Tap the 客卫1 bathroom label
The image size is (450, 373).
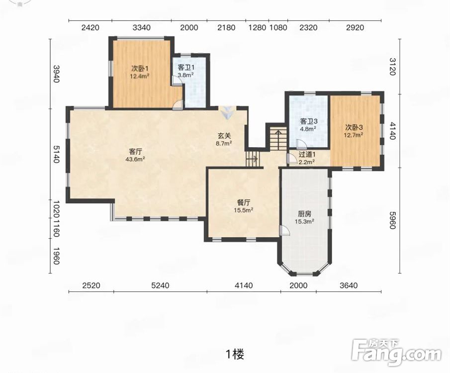(x=186, y=68)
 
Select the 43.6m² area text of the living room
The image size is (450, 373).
(x=135, y=159)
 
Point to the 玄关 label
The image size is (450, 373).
(x=224, y=136)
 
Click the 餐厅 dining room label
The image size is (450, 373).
(x=243, y=203)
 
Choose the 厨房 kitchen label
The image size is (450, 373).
(x=304, y=214)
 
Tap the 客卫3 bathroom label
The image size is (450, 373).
(x=308, y=121)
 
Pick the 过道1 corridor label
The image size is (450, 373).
(x=307, y=155)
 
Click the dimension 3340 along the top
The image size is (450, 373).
(x=142, y=27)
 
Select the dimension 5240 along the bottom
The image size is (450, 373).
(x=160, y=285)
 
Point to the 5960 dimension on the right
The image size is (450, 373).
(x=393, y=220)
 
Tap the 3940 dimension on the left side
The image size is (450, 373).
(x=57, y=74)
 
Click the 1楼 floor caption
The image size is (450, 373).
(x=235, y=354)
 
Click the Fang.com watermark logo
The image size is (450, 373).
(x=396, y=352)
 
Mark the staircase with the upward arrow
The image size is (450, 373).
(x=278, y=139)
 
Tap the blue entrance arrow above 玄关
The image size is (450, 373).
(x=228, y=112)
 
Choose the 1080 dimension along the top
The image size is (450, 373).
(x=278, y=27)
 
